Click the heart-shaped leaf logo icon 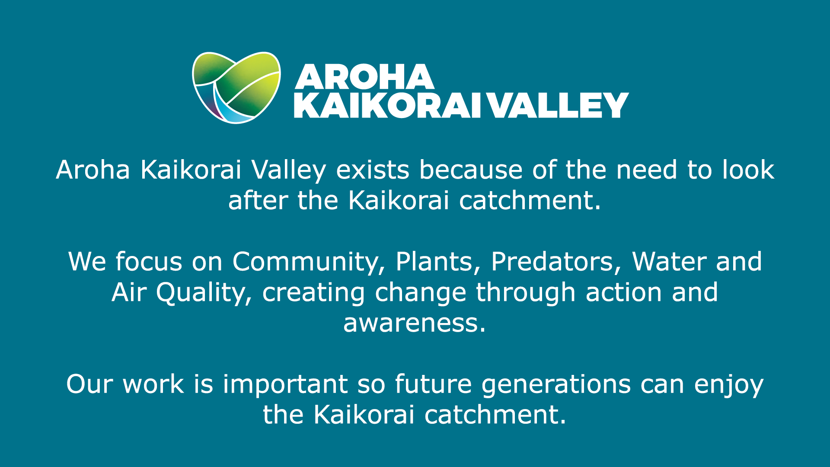point(236,88)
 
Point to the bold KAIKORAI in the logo point(387,105)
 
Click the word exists point(373,170)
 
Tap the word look point(748,170)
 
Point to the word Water point(669,262)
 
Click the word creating point(313,293)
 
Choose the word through point(526,293)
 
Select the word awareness point(415,323)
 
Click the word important point(285,384)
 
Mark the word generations point(556,384)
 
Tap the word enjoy point(729,385)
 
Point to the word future point(433,384)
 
